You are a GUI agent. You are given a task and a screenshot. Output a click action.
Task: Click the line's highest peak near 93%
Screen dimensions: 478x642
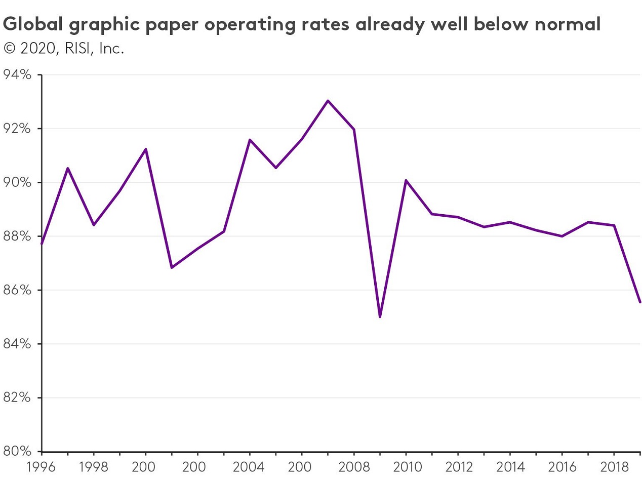click(x=328, y=101)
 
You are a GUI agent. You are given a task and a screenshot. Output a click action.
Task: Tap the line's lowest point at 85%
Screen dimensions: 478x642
click(x=380, y=317)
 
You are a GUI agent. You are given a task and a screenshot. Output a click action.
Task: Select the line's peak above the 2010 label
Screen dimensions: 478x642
click(x=406, y=180)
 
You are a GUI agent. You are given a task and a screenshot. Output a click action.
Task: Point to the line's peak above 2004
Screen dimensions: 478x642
click(x=250, y=139)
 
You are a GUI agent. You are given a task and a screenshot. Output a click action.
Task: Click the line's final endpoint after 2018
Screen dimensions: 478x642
click(x=640, y=302)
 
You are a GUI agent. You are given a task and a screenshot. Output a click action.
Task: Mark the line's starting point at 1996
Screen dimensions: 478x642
click(x=42, y=244)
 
